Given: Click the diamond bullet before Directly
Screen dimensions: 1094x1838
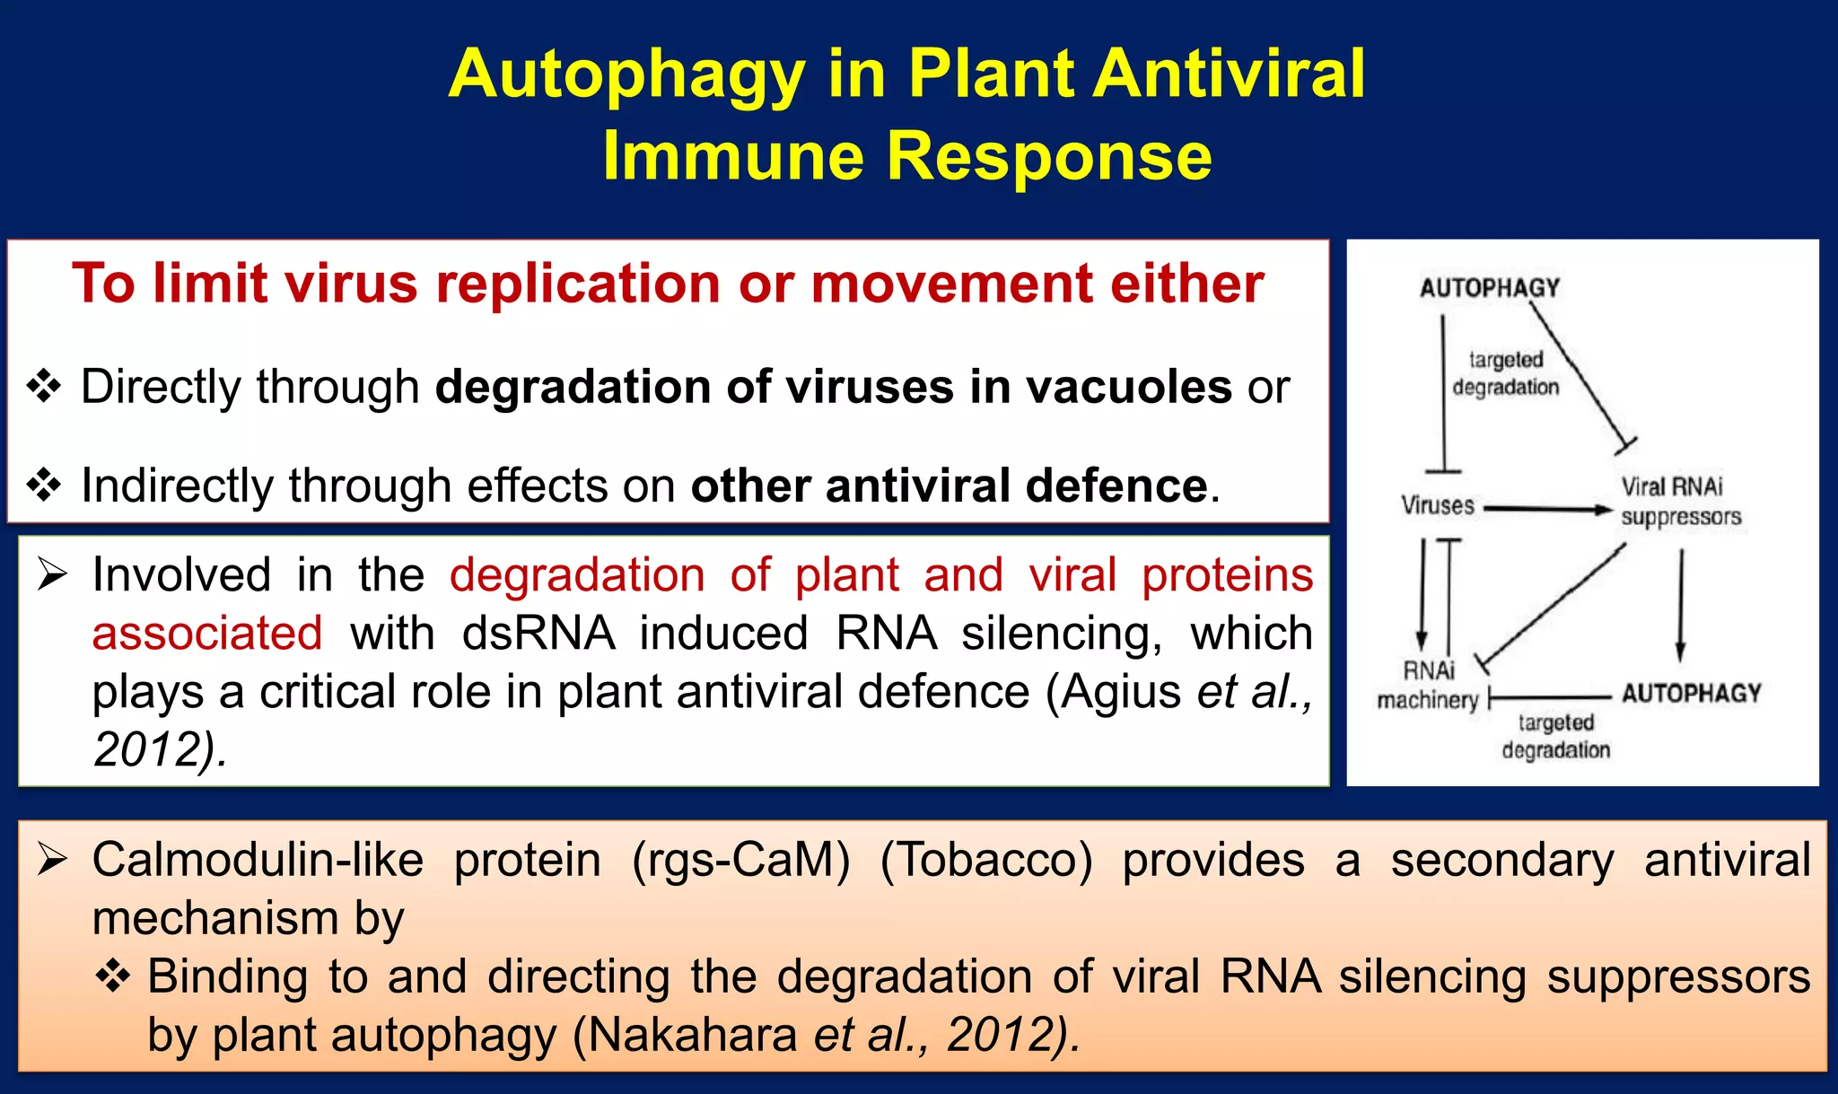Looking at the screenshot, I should (44, 387).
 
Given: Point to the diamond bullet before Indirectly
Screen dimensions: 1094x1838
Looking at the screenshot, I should (44, 486).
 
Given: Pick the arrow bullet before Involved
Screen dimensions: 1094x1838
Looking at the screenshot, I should (52, 575).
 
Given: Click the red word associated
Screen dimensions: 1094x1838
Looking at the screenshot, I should (207, 634).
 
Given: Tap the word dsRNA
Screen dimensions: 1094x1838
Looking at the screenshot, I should (538, 634).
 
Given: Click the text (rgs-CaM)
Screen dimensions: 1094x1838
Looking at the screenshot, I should (740, 860).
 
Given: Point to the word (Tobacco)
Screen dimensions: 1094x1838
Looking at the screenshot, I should (986, 860).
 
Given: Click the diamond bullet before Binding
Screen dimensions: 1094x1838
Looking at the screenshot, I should (113, 976).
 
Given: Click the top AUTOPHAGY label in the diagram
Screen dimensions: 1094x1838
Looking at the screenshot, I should (1490, 288).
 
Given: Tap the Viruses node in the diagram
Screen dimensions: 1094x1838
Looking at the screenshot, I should (1438, 505).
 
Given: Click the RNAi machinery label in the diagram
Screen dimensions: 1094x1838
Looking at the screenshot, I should (1428, 686).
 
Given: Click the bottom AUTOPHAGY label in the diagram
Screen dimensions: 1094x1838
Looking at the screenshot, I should (1691, 694).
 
